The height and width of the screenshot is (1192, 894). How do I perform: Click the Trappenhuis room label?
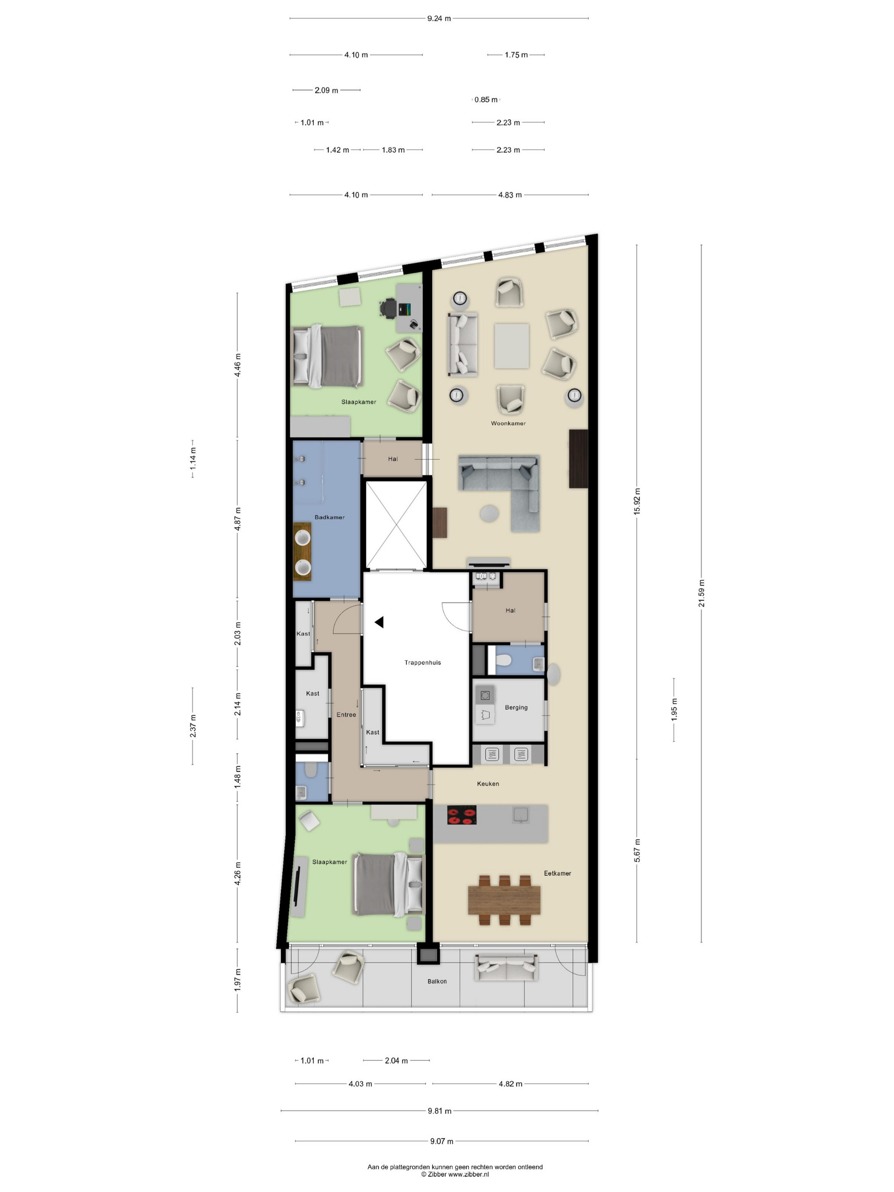[x=422, y=662]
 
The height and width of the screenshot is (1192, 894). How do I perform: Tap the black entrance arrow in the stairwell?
[x=379, y=622]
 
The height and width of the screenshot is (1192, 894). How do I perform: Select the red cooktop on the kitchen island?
[x=462, y=815]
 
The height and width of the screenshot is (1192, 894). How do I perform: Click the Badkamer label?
[x=329, y=517]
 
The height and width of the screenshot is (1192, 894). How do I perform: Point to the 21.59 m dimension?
[x=702, y=593]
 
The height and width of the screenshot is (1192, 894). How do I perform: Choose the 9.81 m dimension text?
[x=440, y=1111]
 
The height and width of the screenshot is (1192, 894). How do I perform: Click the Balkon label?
[x=437, y=981]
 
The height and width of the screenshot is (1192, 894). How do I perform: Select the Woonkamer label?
[x=508, y=424]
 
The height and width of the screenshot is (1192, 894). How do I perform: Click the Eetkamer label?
[x=557, y=873]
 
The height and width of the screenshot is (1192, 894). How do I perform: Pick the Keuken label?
[x=488, y=784]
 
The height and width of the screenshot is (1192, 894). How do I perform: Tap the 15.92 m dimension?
[x=637, y=501]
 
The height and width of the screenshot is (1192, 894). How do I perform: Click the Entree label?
[x=346, y=714]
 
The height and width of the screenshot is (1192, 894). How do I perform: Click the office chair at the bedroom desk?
[x=388, y=309]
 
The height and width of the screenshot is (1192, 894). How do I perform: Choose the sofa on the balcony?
[x=506, y=967]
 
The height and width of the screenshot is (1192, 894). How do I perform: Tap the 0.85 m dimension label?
[x=486, y=100]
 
